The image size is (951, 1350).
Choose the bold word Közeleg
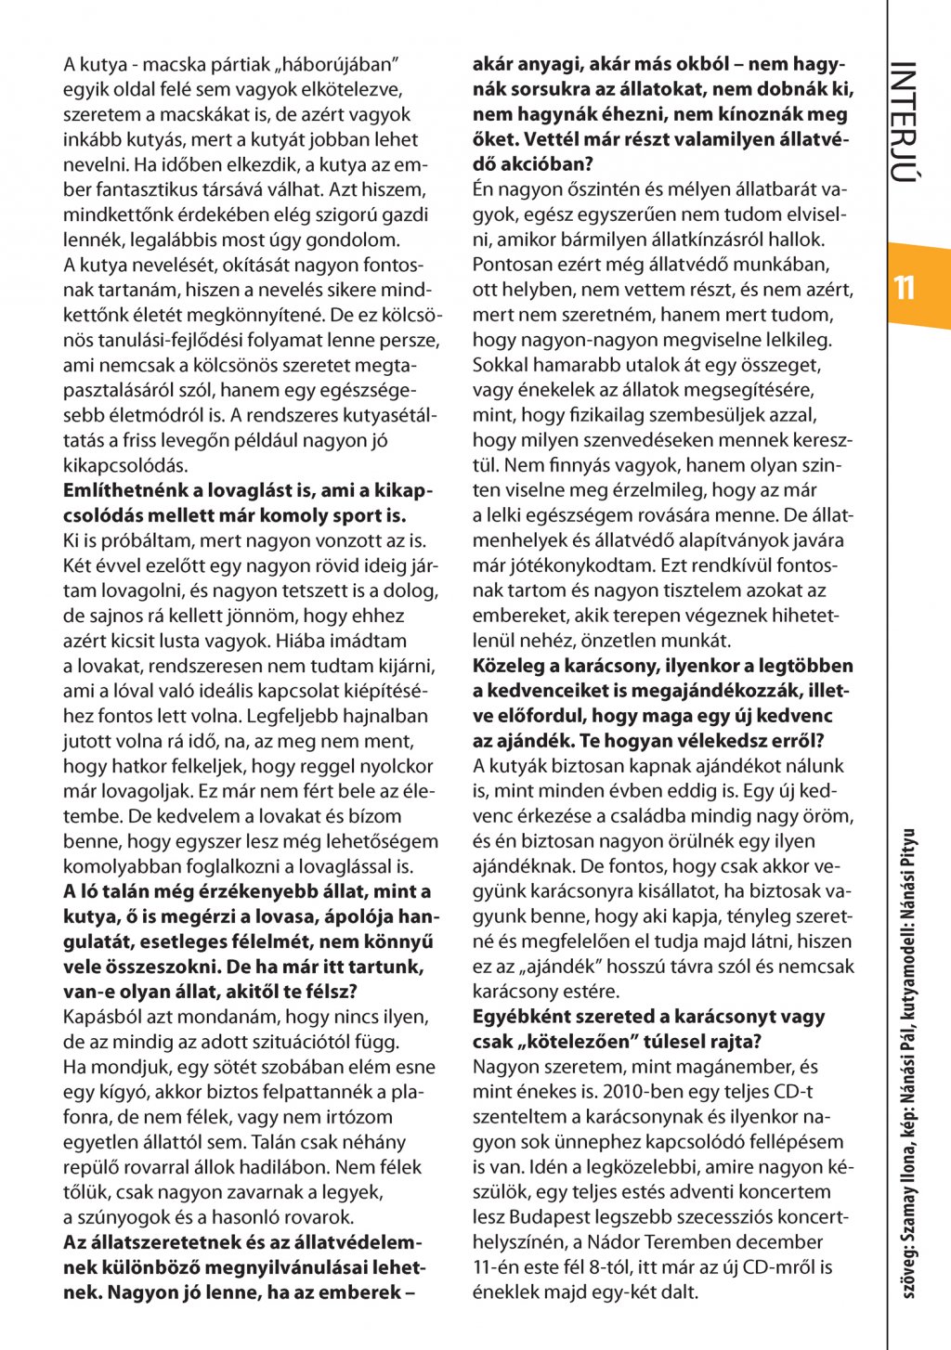pyautogui.click(x=510, y=667)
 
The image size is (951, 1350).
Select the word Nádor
pyautogui.click(x=613, y=1242)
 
